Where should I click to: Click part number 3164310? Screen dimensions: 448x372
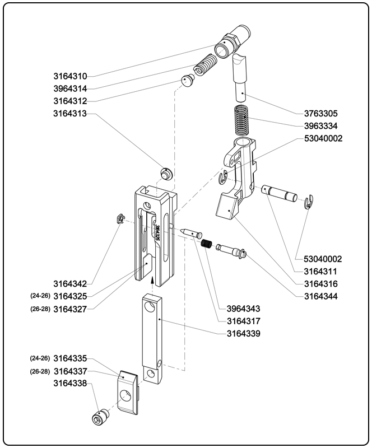pos(70,76)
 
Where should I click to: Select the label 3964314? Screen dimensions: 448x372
pos(70,88)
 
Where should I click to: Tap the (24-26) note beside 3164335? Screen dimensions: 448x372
pos(40,358)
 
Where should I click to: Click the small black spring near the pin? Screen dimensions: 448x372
pos(206,244)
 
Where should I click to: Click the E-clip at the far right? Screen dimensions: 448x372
pos(309,202)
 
